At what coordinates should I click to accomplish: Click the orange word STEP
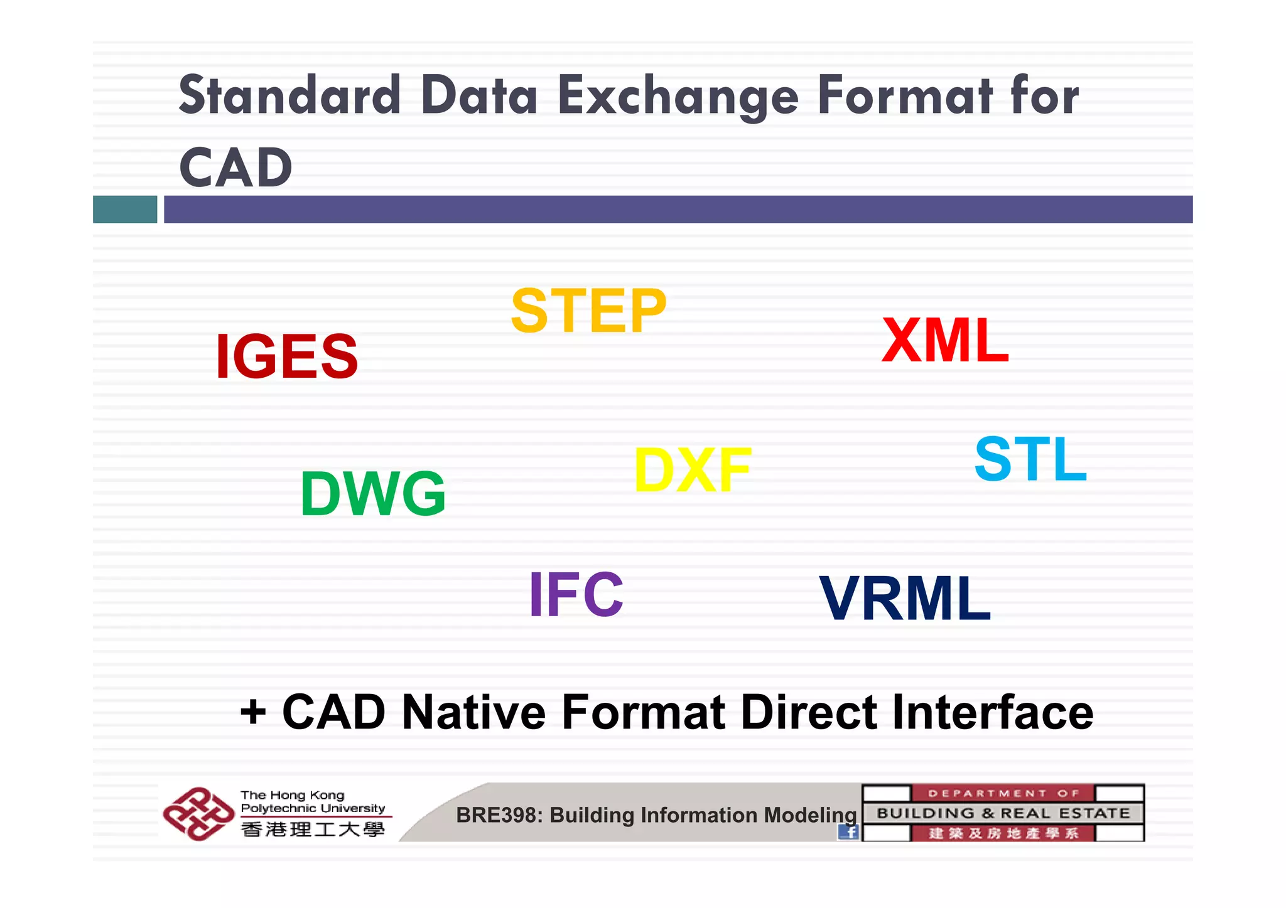pyautogui.click(x=588, y=311)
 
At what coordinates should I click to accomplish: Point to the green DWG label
pyautogui.click(x=373, y=494)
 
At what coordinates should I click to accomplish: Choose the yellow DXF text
pyautogui.click(x=693, y=470)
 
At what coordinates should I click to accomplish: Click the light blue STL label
pyautogui.click(x=1030, y=459)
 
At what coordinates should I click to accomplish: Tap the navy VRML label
pyautogui.click(x=905, y=599)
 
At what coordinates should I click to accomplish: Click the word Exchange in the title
pyautogui.click(x=678, y=97)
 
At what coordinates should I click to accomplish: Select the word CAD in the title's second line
pyautogui.click(x=236, y=168)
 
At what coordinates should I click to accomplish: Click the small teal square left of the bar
pyautogui.click(x=125, y=209)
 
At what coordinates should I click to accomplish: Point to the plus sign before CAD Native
pyautogui.click(x=253, y=713)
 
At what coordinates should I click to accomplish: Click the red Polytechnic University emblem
pyautogui.click(x=198, y=813)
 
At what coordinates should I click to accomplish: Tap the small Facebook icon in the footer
pyautogui.click(x=848, y=831)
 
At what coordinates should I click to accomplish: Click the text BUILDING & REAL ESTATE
pyautogui.click(x=1003, y=813)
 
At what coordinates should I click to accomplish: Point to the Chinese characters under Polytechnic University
pyautogui.click(x=313, y=830)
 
